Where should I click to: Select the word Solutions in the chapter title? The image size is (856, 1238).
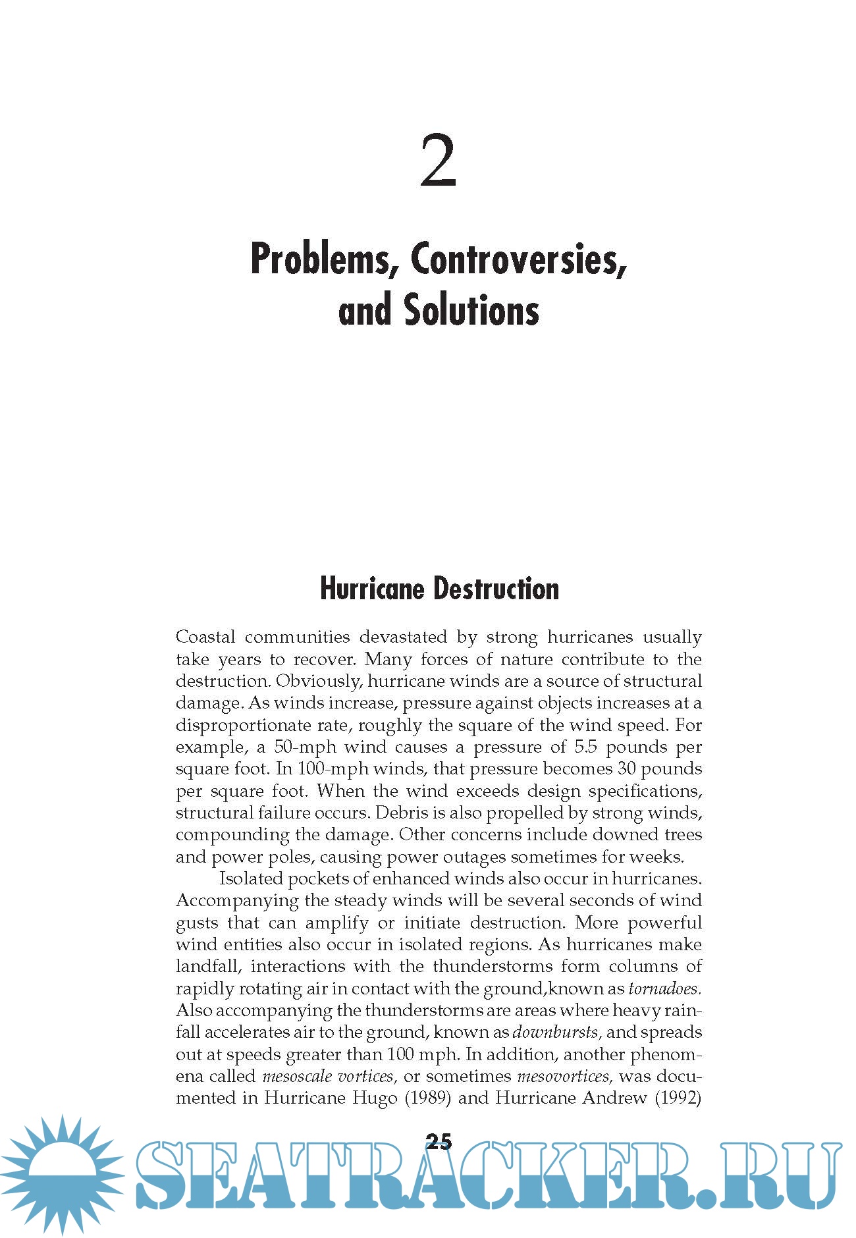[471, 311]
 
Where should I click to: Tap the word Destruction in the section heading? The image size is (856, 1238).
[500, 589]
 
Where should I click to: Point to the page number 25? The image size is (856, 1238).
[439, 1141]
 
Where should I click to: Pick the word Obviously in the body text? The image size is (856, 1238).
[319, 681]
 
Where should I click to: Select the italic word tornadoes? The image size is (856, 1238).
[664, 988]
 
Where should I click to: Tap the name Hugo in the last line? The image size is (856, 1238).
[365, 1098]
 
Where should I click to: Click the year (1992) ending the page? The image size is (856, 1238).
[678, 1098]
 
